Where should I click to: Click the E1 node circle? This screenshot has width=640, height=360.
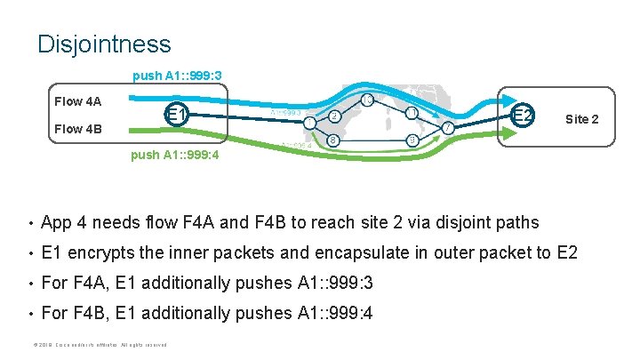click(176, 114)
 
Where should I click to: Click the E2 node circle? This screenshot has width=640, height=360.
click(523, 116)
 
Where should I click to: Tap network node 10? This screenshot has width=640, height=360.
click(367, 100)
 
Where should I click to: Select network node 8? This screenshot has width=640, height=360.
click(332, 140)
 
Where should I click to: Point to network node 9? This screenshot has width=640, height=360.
click(411, 140)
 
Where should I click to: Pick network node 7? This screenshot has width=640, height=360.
click(448, 128)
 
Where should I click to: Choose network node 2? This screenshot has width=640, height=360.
click(332, 116)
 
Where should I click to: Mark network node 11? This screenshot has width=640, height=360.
click(412, 113)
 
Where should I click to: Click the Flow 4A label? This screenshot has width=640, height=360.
click(78, 100)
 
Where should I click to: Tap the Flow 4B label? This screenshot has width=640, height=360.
click(78, 130)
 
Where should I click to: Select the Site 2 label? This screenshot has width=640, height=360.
click(581, 119)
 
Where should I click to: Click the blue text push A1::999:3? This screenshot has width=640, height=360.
click(177, 76)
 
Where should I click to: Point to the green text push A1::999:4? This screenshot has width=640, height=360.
click(175, 155)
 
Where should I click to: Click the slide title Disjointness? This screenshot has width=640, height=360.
click(104, 43)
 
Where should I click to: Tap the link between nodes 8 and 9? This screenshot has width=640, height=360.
click(372, 140)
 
